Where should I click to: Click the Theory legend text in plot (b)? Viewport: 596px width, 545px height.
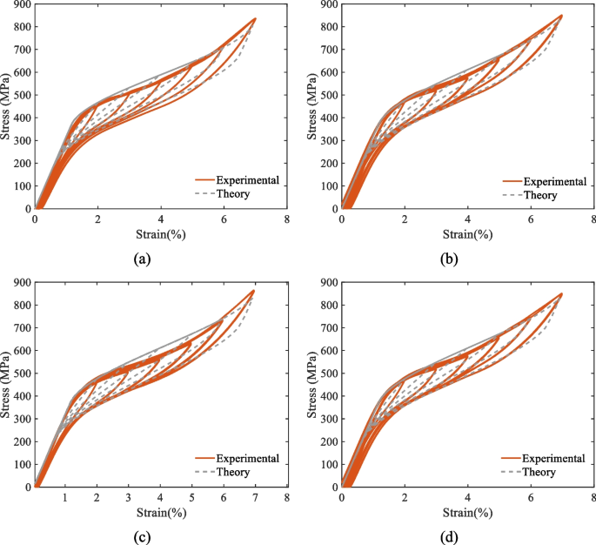(x=539, y=194)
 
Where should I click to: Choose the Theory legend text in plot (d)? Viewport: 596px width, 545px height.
(x=539, y=473)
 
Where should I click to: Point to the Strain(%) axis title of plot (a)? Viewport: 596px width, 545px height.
(x=160, y=235)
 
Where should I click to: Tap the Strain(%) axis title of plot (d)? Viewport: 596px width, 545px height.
(x=466, y=513)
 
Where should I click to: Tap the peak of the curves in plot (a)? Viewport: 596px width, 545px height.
(x=254, y=18)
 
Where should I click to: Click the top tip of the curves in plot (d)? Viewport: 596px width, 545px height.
(x=561, y=294)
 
